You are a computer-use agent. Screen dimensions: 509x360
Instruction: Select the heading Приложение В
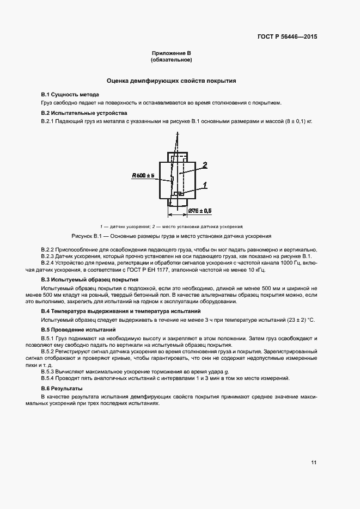(x=172, y=53)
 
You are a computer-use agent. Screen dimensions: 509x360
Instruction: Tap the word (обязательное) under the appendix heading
(x=172, y=59)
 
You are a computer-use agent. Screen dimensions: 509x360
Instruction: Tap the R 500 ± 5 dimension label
(x=143, y=176)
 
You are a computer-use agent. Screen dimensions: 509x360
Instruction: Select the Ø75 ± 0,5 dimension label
(x=200, y=210)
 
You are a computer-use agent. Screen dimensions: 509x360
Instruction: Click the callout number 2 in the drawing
(x=204, y=164)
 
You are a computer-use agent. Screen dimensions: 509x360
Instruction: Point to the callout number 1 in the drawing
(x=205, y=185)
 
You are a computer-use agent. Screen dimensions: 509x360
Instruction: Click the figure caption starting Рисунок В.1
(x=172, y=236)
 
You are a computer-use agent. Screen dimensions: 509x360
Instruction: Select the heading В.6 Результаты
(x=62, y=388)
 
